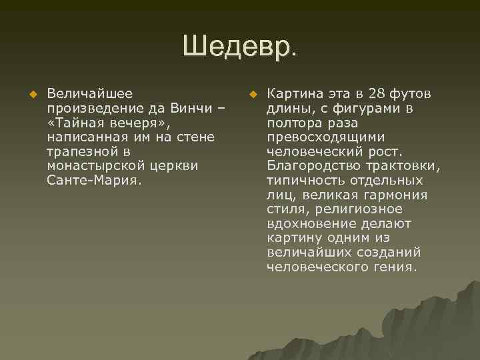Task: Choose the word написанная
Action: (x=84, y=137)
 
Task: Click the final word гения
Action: (x=398, y=267)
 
